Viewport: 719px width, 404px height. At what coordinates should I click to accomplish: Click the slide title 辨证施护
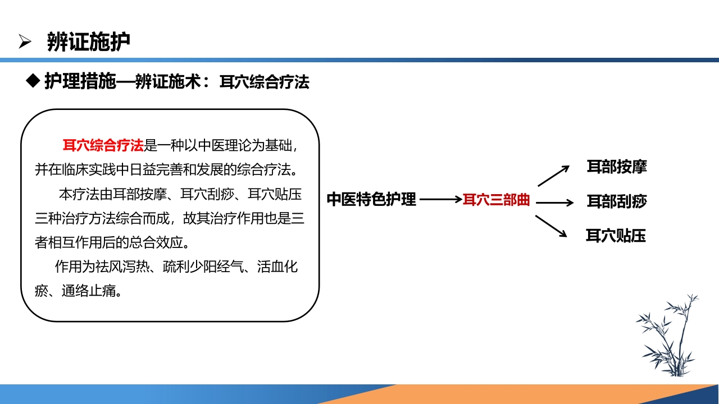(89, 42)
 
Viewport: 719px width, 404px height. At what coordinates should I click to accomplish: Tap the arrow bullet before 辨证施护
(25, 42)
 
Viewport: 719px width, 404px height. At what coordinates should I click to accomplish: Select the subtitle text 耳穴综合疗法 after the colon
(264, 82)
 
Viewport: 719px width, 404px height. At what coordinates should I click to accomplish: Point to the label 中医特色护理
(371, 199)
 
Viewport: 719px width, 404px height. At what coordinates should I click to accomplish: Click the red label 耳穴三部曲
(496, 200)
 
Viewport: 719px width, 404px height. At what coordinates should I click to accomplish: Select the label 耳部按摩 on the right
(617, 167)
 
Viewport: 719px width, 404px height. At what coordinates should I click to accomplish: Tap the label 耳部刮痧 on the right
(617, 201)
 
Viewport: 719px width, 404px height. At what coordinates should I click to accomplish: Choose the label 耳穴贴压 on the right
(616, 236)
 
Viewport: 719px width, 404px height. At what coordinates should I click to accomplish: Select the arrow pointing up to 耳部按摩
(553, 175)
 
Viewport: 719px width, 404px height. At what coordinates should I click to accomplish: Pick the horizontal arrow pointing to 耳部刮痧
(554, 203)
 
